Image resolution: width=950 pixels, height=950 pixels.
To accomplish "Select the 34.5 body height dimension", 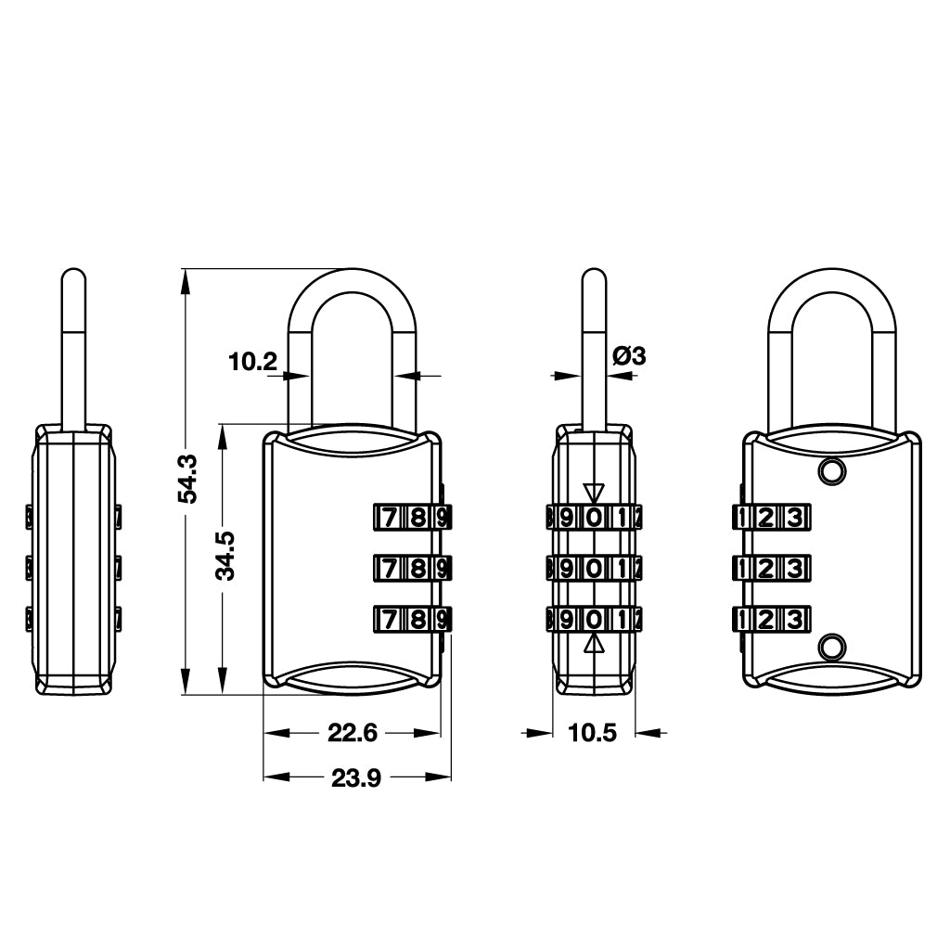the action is [x=225, y=556].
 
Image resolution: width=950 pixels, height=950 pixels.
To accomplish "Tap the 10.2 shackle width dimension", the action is [x=252, y=363].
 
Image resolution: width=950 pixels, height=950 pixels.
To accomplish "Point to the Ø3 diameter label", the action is [x=630, y=355].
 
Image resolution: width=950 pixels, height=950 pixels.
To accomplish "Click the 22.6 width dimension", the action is [x=353, y=733].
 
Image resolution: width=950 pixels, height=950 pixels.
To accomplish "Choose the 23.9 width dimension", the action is [x=356, y=778].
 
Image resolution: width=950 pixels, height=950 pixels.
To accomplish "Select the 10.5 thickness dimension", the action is [x=592, y=733].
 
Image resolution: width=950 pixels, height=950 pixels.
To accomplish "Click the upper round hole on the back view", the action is [x=832, y=470].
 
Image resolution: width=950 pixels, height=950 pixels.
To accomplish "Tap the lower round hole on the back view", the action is [x=832, y=647].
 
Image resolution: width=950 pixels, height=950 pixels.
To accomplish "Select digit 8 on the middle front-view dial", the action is [x=417, y=569].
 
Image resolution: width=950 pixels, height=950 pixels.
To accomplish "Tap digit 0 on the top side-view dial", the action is [x=595, y=518].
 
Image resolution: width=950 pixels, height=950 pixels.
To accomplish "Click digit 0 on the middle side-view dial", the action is [x=595, y=569].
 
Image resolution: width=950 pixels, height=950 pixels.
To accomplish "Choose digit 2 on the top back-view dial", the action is [x=765, y=518].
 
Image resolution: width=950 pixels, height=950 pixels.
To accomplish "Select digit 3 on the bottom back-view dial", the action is [x=794, y=620].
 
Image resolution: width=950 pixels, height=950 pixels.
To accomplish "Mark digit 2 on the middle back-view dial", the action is [x=765, y=569].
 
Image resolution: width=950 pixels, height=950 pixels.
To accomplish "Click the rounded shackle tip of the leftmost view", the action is [x=74, y=274].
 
